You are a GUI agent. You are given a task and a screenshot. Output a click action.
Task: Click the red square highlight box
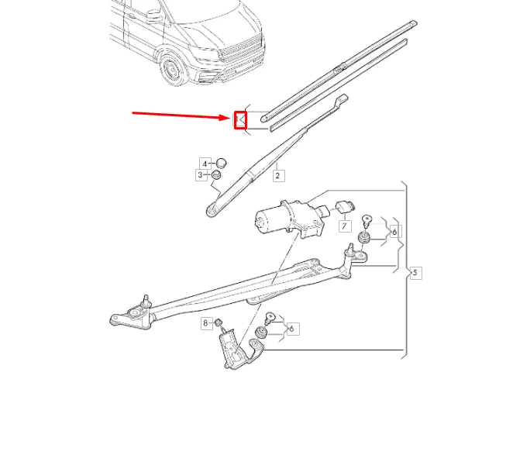(239, 119)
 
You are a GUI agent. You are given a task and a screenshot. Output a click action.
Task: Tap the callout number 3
(200, 176)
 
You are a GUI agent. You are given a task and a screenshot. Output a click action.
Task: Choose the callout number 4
(205, 164)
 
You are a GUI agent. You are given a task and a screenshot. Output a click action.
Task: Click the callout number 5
(415, 273)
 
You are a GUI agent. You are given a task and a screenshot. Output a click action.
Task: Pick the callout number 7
(344, 226)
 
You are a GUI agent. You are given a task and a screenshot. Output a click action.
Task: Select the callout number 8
(206, 322)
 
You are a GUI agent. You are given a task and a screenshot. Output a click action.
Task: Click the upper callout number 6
(394, 232)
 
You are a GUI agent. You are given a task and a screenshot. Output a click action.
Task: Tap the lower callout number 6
(291, 329)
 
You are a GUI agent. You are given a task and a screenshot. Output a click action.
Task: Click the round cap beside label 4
(220, 163)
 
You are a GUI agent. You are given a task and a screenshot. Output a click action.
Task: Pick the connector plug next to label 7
(345, 207)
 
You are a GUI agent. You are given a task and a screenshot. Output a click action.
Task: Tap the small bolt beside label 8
(220, 322)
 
